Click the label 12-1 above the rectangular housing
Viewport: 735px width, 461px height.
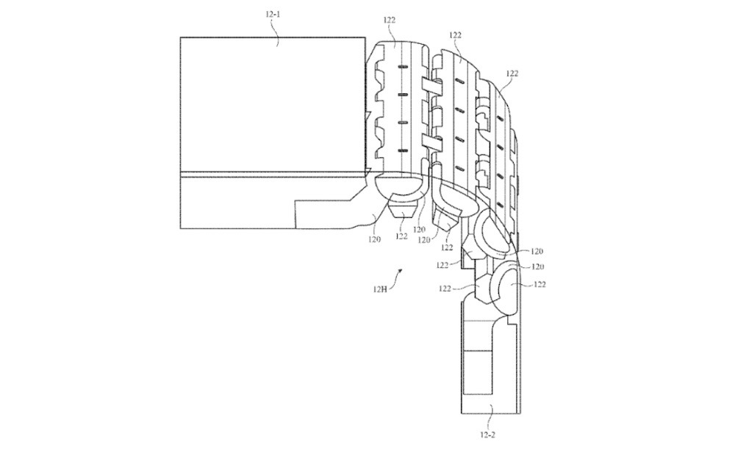[271, 14]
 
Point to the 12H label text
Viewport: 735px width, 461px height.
[379, 288]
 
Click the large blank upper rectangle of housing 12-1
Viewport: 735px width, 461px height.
[272, 103]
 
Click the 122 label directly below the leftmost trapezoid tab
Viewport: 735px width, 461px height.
[401, 236]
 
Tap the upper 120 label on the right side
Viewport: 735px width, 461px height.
[537, 251]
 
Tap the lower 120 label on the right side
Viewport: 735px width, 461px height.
[538, 266]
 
